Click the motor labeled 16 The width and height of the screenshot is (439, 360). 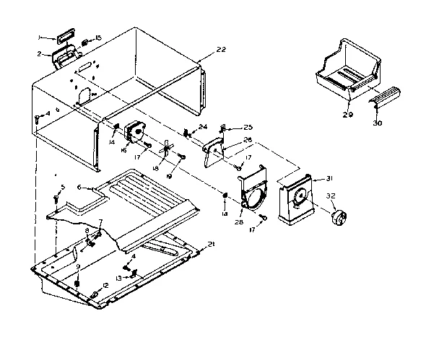click(134, 134)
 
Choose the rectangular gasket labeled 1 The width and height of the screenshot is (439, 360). click(64, 35)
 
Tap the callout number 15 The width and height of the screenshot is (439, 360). click(99, 38)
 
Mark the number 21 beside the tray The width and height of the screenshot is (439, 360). click(212, 245)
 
